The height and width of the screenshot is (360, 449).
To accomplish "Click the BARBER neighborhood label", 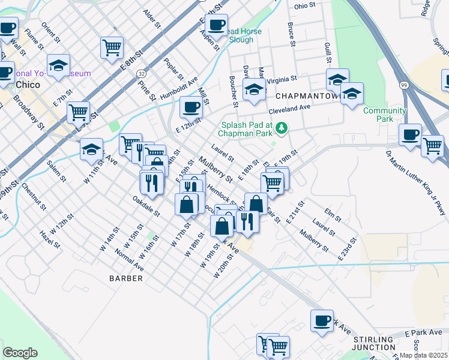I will coord(126,278).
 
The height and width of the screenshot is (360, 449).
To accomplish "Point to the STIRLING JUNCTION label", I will coord(373,344).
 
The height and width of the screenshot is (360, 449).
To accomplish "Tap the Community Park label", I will coord(385,115).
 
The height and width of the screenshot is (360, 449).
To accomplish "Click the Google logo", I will coord(20,353).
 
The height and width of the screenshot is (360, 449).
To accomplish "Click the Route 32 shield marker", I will coord(140,73).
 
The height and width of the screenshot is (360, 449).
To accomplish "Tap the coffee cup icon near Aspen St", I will coord(217,26).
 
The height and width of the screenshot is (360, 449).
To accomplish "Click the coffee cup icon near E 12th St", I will coord(191,107).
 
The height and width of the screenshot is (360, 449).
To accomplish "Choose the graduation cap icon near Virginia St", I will coord(254,91).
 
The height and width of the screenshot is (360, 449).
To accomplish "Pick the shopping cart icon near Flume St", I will coord(112,47).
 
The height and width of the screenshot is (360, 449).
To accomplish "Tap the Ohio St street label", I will coord(305,6).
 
